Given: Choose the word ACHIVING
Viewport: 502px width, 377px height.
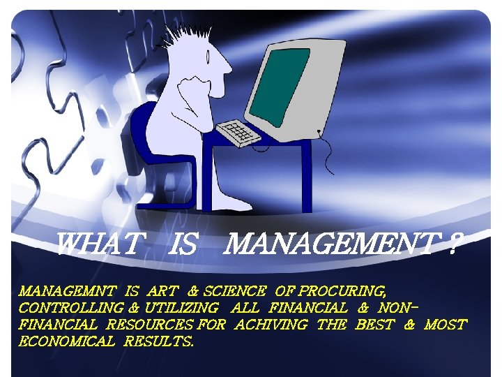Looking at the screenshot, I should pos(271,325).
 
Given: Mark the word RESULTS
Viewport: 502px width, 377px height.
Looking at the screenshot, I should pos(159,342).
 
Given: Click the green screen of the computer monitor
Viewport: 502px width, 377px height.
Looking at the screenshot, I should pos(279,84).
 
